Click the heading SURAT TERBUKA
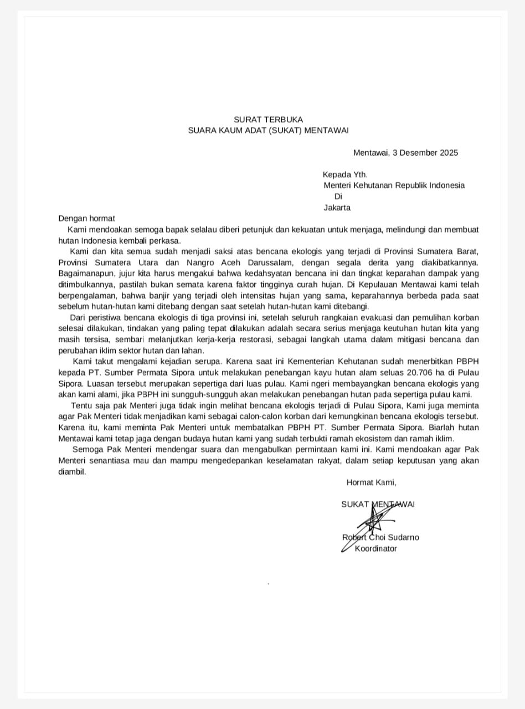point(268,119)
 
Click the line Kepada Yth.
point(345,174)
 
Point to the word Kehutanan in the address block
point(375,186)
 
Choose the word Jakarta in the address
point(337,208)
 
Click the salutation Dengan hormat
point(86,219)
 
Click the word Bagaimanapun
point(83,274)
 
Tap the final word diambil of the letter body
point(73,472)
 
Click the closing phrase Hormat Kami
point(371,482)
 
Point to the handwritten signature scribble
point(373,523)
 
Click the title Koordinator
point(375,548)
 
